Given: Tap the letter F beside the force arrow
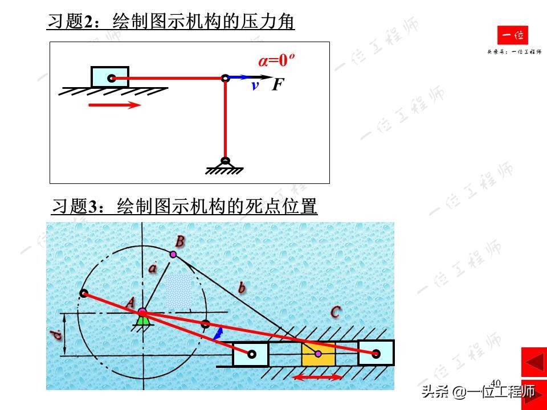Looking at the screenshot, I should tap(277, 85).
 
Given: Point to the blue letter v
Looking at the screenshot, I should tap(255, 86).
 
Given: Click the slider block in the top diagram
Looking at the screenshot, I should tap(110, 77).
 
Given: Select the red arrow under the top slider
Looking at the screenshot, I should tap(115, 105).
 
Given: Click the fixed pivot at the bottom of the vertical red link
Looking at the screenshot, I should tap(226, 162).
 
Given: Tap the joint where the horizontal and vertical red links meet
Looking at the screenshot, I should tap(226, 77).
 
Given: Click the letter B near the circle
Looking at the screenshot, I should tap(180, 241).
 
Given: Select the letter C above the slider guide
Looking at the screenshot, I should tap(336, 312).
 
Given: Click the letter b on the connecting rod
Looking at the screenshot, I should tap(242, 288).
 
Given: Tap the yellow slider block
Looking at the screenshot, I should tap(318, 354).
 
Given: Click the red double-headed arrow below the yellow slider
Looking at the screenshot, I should tap(318, 377).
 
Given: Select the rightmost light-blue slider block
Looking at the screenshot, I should tap(375, 353).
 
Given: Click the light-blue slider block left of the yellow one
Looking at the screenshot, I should tap(250, 354).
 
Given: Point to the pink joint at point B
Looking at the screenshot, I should tap(173, 254).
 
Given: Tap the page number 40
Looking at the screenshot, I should tap(495, 382).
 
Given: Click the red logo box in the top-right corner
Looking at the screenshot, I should tap(512, 36).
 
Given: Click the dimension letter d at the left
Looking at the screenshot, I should tap(58, 335).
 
